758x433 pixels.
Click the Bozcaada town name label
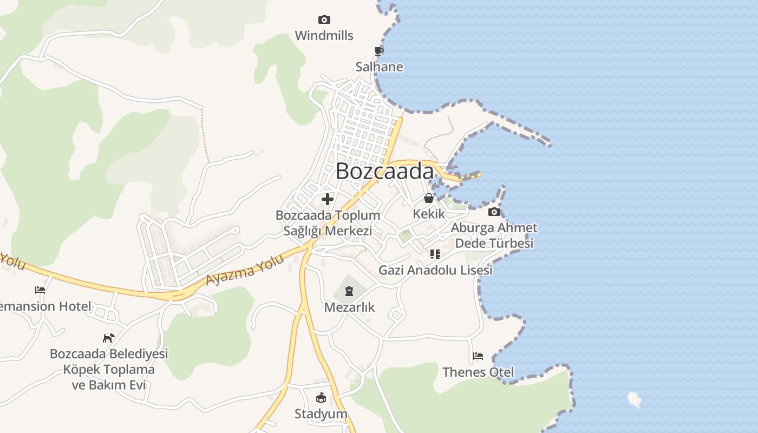(x=384, y=171)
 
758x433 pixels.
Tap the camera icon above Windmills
(x=324, y=20)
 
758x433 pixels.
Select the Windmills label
(x=324, y=36)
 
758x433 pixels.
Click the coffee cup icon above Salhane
(x=379, y=51)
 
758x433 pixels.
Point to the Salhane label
(x=379, y=67)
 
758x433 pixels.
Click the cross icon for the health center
(x=328, y=199)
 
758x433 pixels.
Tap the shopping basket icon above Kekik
(x=429, y=198)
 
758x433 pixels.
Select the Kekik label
(x=429, y=214)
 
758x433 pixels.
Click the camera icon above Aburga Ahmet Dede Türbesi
(x=494, y=212)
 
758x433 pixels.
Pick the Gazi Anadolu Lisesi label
(x=435, y=270)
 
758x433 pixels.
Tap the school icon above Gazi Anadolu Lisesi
(x=435, y=254)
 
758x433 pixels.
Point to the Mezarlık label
(x=349, y=307)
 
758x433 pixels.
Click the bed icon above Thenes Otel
(x=478, y=356)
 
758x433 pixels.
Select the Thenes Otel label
(x=478, y=372)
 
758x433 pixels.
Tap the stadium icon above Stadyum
(x=321, y=398)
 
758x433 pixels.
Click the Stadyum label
(x=321, y=414)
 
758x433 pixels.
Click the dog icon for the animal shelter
(x=109, y=338)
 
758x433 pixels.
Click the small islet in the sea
(x=634, y=399)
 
